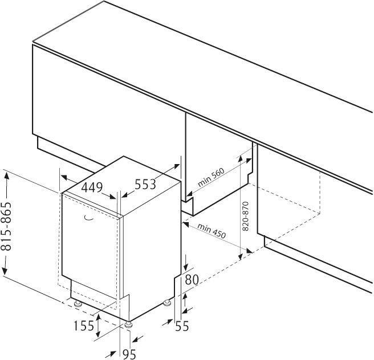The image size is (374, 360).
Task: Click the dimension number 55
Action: [x=182, y=326]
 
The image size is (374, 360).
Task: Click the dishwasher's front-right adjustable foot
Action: [x=128, y=325]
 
